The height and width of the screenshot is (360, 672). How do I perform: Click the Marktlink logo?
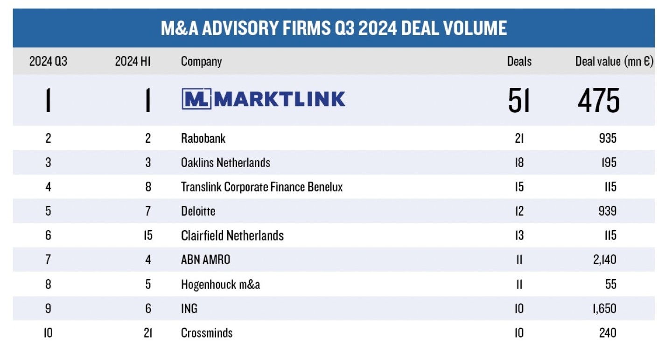click(x=263, y=99)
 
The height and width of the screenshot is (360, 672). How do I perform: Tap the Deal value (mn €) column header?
click(x=614, y=61)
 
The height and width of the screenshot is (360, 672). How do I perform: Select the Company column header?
click(x=201, y=61)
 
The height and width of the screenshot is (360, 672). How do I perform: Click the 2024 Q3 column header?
click(x=48, y=61)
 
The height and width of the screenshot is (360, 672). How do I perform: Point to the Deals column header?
click(x=519, y=61)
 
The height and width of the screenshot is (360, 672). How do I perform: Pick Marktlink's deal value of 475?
click(x=599, y=100)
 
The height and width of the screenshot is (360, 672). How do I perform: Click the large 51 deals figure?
click(x=519, y=100)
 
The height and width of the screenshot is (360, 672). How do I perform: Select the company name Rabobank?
click(x=203, y=138)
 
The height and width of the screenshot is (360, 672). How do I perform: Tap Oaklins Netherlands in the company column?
click(x=225, y=162)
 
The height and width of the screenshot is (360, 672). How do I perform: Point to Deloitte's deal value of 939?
click(x=607, y=211)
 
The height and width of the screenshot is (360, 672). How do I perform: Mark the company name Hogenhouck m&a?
click(x=220, y=284)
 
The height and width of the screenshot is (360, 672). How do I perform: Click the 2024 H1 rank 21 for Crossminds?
click(x=147, y=333)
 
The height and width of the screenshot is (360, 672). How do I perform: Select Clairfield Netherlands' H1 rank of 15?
click(x=147, y=235)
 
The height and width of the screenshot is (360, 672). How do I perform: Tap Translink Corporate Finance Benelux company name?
click(x=262, y=187)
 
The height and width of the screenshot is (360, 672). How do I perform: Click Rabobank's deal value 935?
click(x=607, y=138)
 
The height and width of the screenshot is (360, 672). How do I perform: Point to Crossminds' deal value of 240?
click(x=607, y=333)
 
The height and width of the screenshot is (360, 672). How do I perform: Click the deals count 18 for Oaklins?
click(x=519, y=162)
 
